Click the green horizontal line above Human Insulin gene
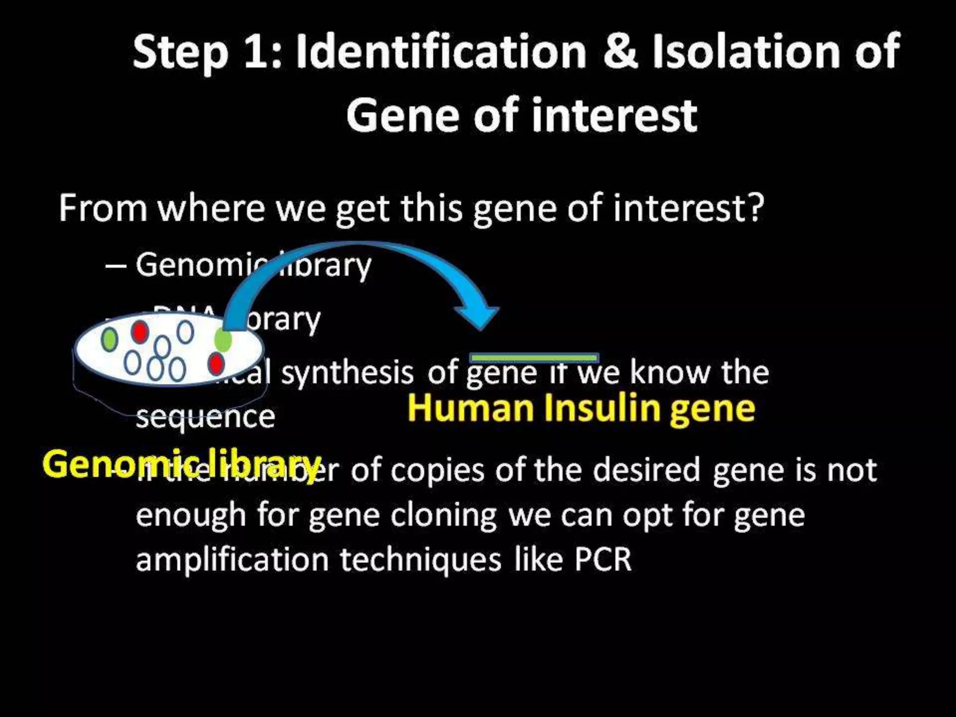click(x=534, y=358)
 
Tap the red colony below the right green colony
click(x=216, y=363)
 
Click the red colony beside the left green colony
click(x=139, y=331)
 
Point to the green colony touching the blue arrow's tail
click(x=223, y=340)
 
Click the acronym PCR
click(x=603, y=559)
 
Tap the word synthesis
click(x=347, y=373)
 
